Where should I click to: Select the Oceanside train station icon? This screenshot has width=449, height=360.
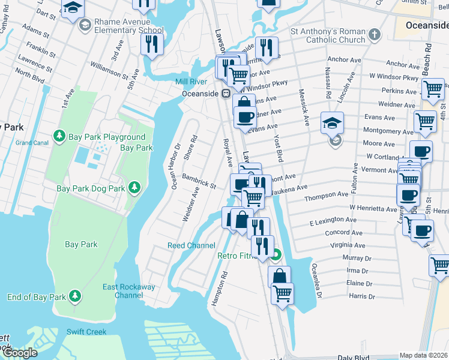pos(226,93)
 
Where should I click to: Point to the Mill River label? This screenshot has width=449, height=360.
pos(191,82)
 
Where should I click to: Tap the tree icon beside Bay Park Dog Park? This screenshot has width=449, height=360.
pos(135,188)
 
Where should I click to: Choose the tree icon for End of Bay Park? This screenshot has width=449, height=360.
pos(74,296)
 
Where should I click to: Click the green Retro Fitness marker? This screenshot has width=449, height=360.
pos(276,255)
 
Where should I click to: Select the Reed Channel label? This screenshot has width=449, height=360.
pos(191,245)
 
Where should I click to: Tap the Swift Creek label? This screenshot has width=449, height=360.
pos(86,332)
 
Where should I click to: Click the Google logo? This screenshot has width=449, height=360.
pos(20,353)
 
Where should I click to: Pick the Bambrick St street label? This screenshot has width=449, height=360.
pos(199,182)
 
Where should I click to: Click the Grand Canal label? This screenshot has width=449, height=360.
pos(32,143)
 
